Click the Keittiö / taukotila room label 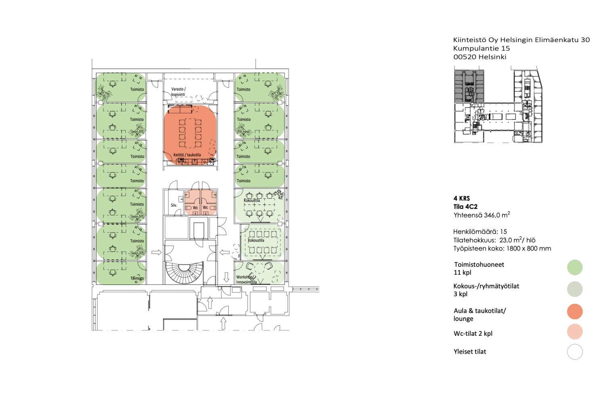coord(187,155)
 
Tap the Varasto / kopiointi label coord(178,92)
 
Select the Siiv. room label coord(174,205)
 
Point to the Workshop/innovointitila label coord(246,280)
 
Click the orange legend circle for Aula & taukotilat coord(574,312)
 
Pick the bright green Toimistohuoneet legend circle coord(574,267)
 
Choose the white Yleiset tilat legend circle coord(574,352)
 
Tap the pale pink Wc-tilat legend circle coord(574,331)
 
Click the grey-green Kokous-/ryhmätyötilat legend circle coord(574,289)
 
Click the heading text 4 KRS coord(461,198)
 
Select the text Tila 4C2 coord(465,206)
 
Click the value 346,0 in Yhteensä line coord(492,215)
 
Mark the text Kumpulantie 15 coord(482,48)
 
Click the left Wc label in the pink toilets coord(195,208)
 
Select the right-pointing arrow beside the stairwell coord(156,253)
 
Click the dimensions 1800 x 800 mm coord(528,248)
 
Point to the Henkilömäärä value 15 coord(503,232)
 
